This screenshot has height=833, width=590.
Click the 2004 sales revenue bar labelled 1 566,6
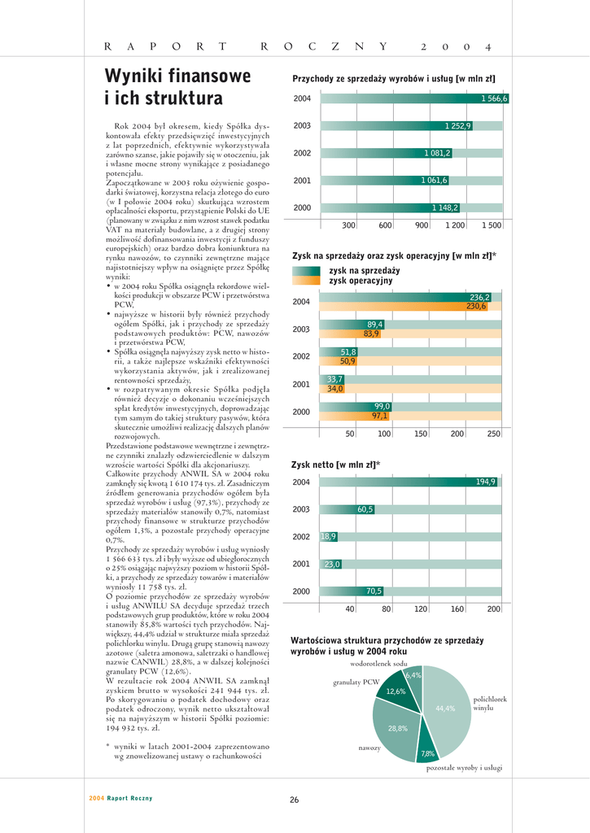(415, 98)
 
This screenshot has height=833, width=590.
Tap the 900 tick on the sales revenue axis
(422, 225)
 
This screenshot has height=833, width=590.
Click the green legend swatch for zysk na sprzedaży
(308, 270)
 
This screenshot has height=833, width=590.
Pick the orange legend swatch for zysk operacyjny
(308, 281)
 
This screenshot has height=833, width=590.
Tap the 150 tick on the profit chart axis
(421, 434)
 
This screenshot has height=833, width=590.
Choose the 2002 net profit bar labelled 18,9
(328, 537)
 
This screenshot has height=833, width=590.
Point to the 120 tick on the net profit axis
(422, 608)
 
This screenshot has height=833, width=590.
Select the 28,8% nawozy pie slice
(396, 726)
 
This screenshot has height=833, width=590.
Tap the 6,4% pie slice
(413, 675)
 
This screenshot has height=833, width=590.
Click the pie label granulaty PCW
(356, 682)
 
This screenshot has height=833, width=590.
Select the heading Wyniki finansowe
(177, 76)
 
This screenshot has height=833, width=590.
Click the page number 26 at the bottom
(295, 800)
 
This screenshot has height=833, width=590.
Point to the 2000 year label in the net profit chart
(302, 591)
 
